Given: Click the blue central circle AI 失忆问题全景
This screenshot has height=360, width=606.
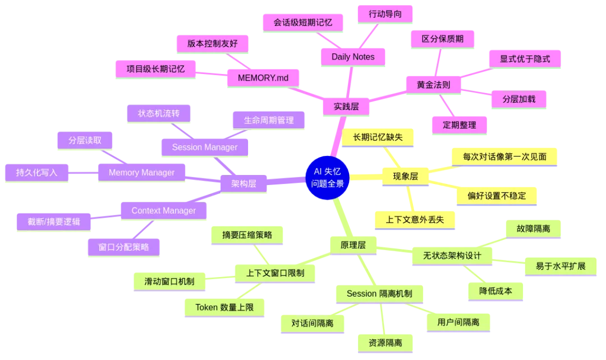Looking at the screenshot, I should coord(328,177).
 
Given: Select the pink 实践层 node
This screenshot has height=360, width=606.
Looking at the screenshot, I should coord(346,105).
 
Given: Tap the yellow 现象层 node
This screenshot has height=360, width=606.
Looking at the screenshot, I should coord(405,176).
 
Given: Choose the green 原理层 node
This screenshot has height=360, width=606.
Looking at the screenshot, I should coord(353,244).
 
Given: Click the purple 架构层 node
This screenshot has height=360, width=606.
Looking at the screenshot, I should coord(244,183).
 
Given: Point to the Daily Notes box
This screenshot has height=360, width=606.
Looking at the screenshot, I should coord(352,56).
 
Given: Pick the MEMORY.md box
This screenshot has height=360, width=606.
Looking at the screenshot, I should coord(263,77).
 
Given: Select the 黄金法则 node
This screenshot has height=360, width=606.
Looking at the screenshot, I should coord(433,85).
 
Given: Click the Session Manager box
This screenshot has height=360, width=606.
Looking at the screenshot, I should coord(204,147).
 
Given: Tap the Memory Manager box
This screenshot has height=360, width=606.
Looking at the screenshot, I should coord(141,172).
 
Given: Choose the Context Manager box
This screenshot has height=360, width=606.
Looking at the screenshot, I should coord(163,210).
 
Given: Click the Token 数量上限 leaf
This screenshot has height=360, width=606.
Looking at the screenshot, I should coord(224,307).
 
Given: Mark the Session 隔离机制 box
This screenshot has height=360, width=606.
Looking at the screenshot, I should coord(379,293).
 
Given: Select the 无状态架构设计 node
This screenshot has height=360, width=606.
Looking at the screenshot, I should coord(453,256).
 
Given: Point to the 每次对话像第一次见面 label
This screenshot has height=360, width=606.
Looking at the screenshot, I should coord(504,157).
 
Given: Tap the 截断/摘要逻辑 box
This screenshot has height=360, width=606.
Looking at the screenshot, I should coord(54,221).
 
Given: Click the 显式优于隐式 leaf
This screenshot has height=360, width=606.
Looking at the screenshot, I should coord(525,58).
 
